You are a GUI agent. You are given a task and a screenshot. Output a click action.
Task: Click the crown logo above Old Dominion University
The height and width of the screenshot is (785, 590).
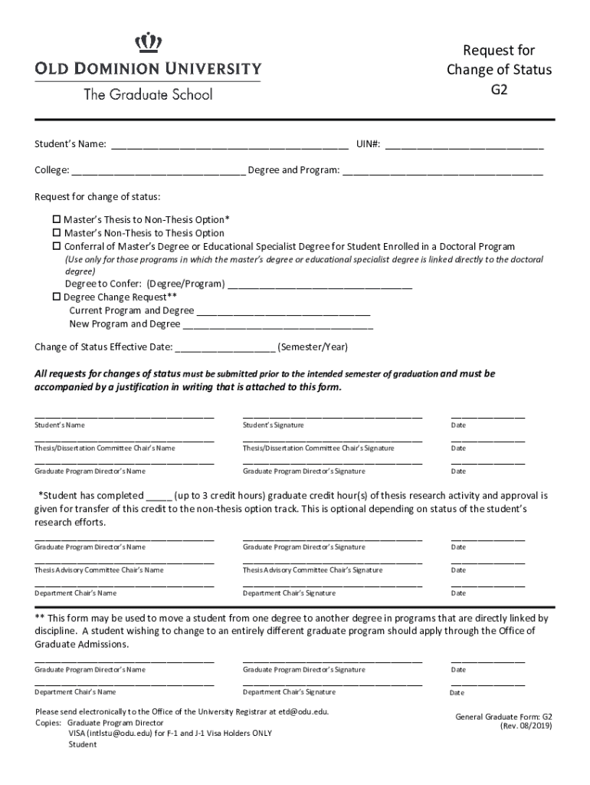(x=147, y=42)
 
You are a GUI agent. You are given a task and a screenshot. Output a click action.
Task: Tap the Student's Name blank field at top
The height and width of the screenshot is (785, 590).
(x=230, y=144)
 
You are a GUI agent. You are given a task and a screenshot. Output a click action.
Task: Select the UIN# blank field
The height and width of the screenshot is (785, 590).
(x=464, y=144)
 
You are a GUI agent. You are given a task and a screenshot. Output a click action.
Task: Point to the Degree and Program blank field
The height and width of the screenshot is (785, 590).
(x=442, y=170)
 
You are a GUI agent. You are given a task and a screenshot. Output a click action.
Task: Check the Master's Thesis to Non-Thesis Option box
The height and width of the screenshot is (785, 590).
(x=56, y=219)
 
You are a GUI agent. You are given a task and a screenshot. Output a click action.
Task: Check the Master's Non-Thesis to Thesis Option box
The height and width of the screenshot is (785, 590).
(x=56, y=233)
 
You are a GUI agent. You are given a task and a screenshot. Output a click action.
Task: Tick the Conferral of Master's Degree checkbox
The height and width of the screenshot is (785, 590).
(x=56, y=247)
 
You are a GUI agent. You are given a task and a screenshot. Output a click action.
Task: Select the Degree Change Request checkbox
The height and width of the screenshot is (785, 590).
(x=56, y=297)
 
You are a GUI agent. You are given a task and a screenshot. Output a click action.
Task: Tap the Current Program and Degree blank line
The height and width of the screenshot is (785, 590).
(x=284, y=311)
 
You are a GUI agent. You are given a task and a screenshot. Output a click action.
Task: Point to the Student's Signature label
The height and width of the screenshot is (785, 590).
(x=273, y=425)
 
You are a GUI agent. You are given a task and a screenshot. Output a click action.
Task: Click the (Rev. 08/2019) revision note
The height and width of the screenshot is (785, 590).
(x=526, y=725)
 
